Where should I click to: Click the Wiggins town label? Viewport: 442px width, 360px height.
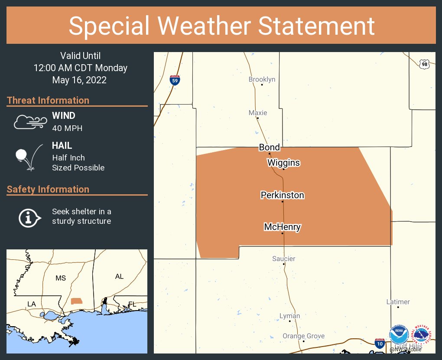coord(283,163)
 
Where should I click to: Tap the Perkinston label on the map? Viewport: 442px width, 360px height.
coord(282,195)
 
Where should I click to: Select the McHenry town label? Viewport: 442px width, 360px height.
coord(282,227)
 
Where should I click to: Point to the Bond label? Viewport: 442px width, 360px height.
coord(269,147)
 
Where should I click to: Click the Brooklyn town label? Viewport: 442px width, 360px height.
coord(262,79)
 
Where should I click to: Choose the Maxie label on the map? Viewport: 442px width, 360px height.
coord(258,113)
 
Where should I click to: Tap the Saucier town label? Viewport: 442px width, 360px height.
coord(284,259)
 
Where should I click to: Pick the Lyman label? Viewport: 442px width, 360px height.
coord(289,316)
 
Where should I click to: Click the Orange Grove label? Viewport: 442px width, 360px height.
coord(303,336)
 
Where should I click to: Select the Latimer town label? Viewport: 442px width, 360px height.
coord(398,302)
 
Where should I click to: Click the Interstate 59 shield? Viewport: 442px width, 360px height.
coord(174,80)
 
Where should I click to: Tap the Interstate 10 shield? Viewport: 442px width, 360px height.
coord(380,343)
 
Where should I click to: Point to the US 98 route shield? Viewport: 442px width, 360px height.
coord(425,64)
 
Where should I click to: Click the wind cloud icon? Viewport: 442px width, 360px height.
coord(30,122)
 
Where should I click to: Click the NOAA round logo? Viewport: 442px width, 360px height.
coord(399,336)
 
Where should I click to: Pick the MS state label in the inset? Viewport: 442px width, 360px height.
coord(61,278)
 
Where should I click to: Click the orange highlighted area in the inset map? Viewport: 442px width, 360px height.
coord(76,301)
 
